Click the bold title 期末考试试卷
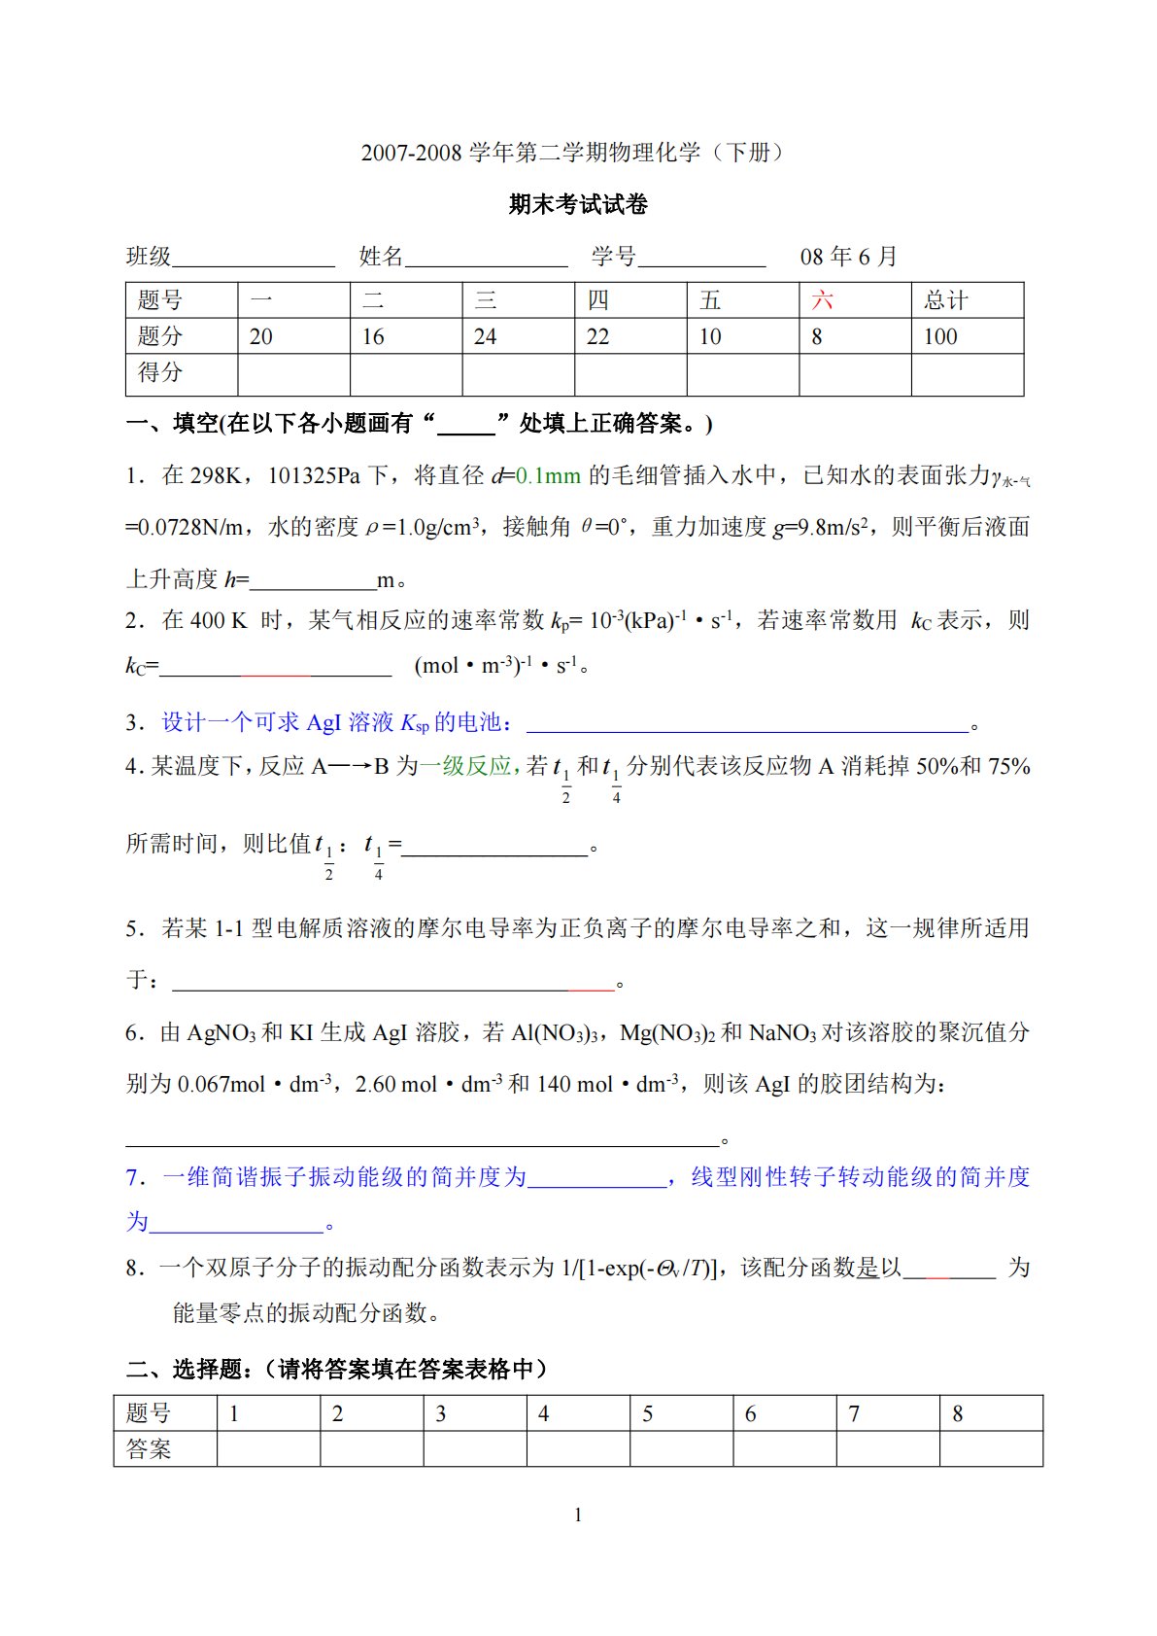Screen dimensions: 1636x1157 tap(578, 204)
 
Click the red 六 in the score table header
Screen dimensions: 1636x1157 tap(822, 300)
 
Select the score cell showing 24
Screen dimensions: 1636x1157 tap(485, 336)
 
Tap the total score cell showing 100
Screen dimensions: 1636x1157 tap(940, 336)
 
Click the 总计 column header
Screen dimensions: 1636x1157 tap(945, 300)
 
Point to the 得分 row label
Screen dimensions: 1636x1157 tap(160, 372)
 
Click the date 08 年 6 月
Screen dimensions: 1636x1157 tap(848, 257)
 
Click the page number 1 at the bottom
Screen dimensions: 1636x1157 tap(578, 1514)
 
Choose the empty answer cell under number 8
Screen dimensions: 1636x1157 tap(991, 1449)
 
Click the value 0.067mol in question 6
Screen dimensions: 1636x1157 tap(221, 1084)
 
